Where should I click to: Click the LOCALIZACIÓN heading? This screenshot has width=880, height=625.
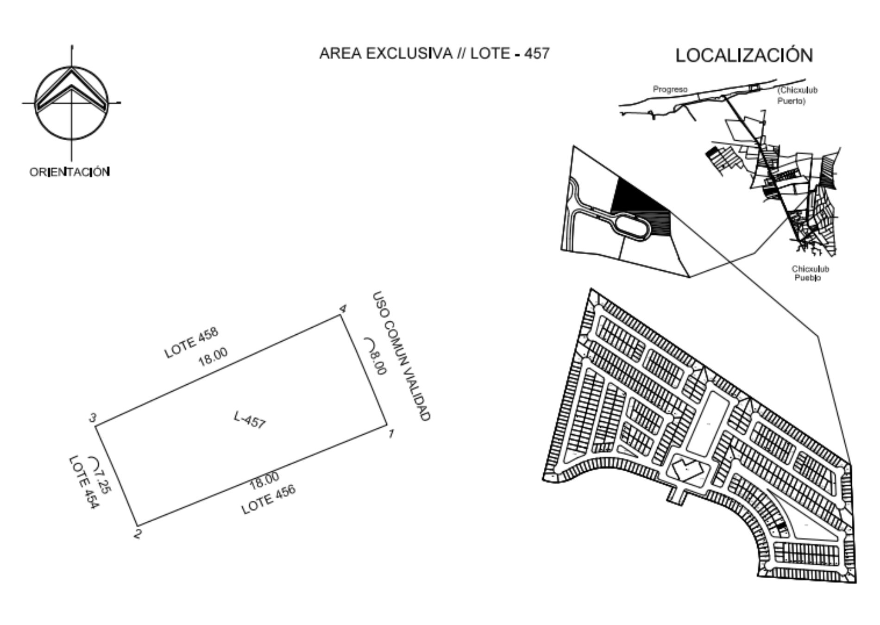744,55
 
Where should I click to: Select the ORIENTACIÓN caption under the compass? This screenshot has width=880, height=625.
70,172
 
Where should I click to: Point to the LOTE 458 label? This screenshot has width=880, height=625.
191,343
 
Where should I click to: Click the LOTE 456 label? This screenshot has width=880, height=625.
269,500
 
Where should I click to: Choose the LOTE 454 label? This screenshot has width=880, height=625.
83,483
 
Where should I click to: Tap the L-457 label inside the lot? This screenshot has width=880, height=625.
250,420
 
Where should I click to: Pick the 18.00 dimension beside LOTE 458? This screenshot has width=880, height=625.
213,356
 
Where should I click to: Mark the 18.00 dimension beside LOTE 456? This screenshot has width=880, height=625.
264,480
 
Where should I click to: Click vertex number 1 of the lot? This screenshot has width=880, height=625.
391,434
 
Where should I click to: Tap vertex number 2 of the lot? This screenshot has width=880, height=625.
138,533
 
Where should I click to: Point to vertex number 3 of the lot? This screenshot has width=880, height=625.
93,419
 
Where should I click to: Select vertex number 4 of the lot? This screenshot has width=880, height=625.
344,308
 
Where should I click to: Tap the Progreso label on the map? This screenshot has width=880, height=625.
670,89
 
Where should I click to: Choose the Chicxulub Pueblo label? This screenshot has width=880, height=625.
810,273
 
